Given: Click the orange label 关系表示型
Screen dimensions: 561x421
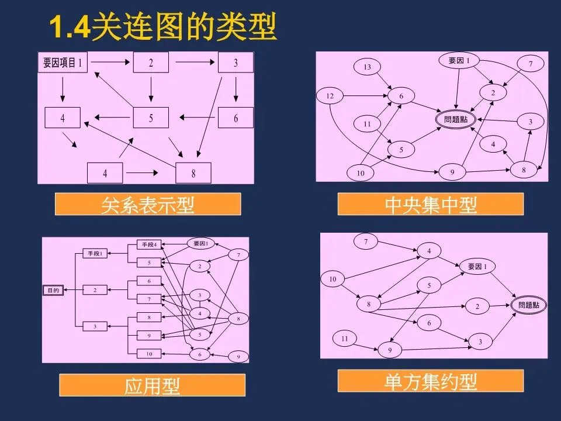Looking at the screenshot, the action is pos(147,204).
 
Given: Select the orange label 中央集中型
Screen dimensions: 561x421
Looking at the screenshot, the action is pos(431,204).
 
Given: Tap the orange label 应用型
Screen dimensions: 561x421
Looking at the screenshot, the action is pos(152,385).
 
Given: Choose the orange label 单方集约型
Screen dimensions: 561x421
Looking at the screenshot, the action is pos(431,381).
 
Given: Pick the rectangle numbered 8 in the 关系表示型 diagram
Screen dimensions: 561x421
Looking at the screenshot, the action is pos(193,173).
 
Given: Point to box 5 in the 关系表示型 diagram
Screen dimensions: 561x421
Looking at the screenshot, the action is pos(151,118).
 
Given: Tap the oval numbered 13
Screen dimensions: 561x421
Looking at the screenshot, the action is pos(367,67).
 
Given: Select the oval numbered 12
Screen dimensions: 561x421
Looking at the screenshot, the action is pos(330,95).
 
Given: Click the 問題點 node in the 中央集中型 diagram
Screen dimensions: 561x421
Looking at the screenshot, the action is pos(456,119).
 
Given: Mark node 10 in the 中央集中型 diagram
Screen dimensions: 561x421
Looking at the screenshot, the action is pos(361,173).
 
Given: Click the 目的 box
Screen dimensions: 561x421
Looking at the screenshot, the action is pos(53,290).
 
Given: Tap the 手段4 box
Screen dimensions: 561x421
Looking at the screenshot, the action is pos(151,244).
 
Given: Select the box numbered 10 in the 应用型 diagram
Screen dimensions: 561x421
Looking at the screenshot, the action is pos(149,353).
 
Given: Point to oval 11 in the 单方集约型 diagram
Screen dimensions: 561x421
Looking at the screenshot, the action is pos(345,339).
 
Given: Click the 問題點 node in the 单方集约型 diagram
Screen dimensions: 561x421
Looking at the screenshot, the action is pos(529,305).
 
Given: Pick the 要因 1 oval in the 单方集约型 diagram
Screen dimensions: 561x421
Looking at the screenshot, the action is pos(477,267).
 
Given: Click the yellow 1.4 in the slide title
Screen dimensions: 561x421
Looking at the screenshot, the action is pos(68,27).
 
